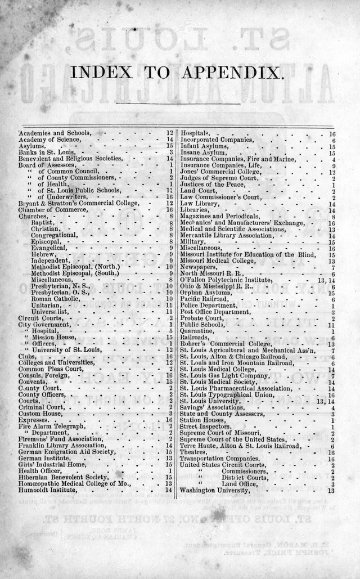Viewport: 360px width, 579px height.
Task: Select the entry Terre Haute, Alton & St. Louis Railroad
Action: (x=236, y=446)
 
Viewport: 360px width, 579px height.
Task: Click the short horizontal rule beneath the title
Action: (x=177, y=104)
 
